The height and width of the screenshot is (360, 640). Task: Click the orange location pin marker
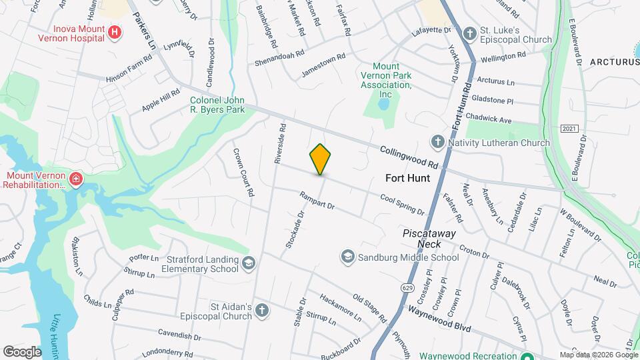[x=320, y=159]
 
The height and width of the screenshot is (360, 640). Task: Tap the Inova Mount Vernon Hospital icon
[x=115, y=32]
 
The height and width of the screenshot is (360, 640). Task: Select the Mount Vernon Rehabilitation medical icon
[x=76, y=179]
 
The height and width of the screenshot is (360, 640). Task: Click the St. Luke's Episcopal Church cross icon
[x=469, y=33]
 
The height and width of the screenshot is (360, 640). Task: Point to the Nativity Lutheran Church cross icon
[x=437, y=142]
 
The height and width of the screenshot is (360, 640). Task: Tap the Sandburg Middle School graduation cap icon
[x=347, y=257]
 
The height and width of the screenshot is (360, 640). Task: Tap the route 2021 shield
[x=569, y=128]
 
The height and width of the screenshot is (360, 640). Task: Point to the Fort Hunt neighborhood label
[x=408, y=178]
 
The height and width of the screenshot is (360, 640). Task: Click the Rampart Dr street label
[x=317, y=202]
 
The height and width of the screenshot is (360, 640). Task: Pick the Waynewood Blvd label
[x=439, y=319]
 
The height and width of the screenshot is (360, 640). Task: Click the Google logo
[x=21, y=351]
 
